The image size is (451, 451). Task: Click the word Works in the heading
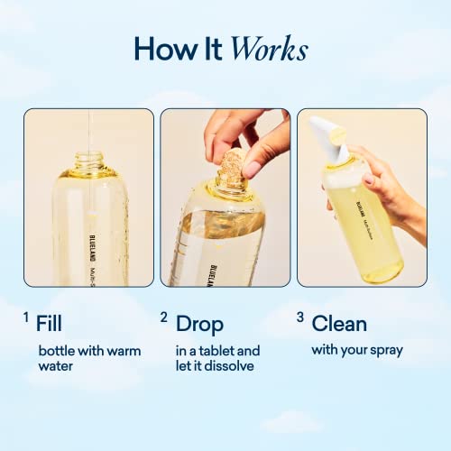click(x=269, y=49)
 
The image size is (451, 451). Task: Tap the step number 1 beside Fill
click(x=28, y=317)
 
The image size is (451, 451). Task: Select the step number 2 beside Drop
click(x=164, y=317)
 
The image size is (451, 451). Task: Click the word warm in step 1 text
click(x=121, y=350)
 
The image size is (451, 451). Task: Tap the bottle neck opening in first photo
click(x=87, y=163)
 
